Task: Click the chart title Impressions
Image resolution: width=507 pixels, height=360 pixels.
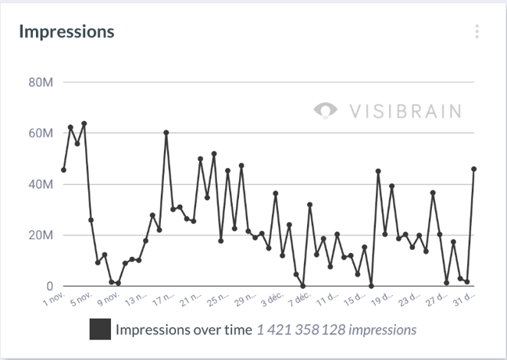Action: (66, 32)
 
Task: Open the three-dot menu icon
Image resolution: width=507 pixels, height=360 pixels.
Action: (477, 32)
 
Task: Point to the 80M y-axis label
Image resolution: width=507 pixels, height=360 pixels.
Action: (39, 82)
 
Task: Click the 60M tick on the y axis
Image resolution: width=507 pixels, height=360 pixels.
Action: (39, 134)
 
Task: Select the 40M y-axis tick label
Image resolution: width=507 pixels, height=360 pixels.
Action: (39, 185)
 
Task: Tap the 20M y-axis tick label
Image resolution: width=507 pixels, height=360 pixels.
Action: (39, 236)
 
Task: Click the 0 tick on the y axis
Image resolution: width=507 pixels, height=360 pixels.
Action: (48, 287)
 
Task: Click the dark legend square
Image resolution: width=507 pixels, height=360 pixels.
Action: (99, 330)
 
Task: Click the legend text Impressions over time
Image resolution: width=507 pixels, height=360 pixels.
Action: (184, 330)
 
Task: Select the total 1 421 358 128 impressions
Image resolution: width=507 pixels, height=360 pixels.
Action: (337, 330)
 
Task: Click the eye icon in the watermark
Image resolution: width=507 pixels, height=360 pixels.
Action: (325, 110)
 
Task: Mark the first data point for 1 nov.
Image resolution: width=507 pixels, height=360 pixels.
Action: (63, 169)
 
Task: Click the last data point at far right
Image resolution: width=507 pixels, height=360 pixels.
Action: (474, 169)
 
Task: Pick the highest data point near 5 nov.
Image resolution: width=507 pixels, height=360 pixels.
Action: (84, 123)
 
